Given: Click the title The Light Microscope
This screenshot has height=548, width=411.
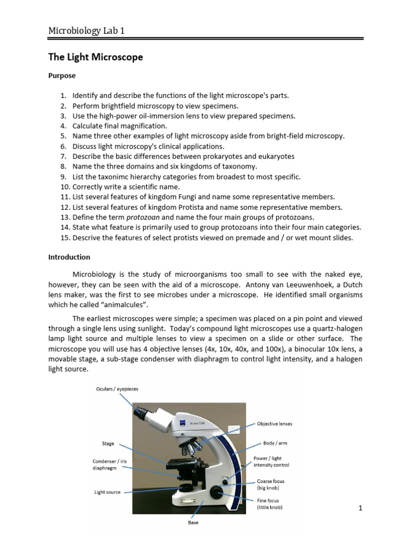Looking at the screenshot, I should point(96,57).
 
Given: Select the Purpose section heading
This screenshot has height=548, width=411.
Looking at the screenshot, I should point(62,76).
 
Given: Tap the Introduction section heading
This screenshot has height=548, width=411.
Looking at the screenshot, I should point(69,257).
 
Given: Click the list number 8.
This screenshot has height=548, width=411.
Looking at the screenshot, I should point(63,166).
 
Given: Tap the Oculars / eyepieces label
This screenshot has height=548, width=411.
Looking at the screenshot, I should point(117,389).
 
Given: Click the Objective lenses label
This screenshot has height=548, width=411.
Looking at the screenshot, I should point(275,423).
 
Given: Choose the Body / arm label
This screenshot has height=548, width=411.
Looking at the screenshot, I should point(275,443).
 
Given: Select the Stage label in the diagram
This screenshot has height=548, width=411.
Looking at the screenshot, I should point(108,444).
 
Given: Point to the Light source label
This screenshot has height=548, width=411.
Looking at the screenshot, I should point(108,492).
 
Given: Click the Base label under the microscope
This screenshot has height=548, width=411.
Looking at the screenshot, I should point(193,522).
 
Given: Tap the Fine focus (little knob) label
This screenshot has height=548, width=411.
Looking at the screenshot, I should point(269,504).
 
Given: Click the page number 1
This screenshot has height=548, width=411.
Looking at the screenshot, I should point(361,508).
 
